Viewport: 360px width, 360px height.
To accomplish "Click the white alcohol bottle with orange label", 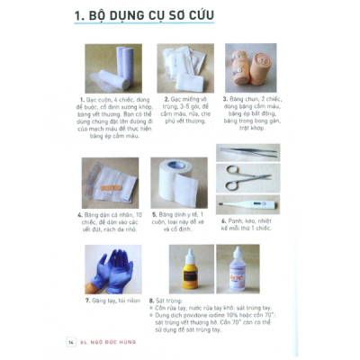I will (x=247, y=269).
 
